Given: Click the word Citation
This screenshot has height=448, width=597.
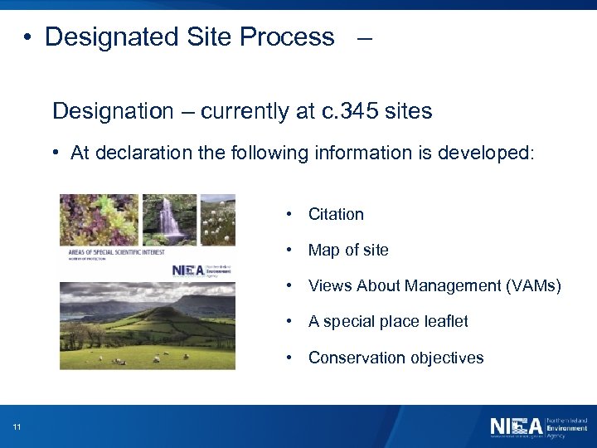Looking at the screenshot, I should tap(336, 214).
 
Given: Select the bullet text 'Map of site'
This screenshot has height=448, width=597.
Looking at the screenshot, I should tap(348, 250).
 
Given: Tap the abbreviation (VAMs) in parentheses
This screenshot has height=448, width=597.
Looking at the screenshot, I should tap(532, 286).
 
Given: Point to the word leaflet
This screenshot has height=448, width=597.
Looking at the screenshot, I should tap(447, 322).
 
